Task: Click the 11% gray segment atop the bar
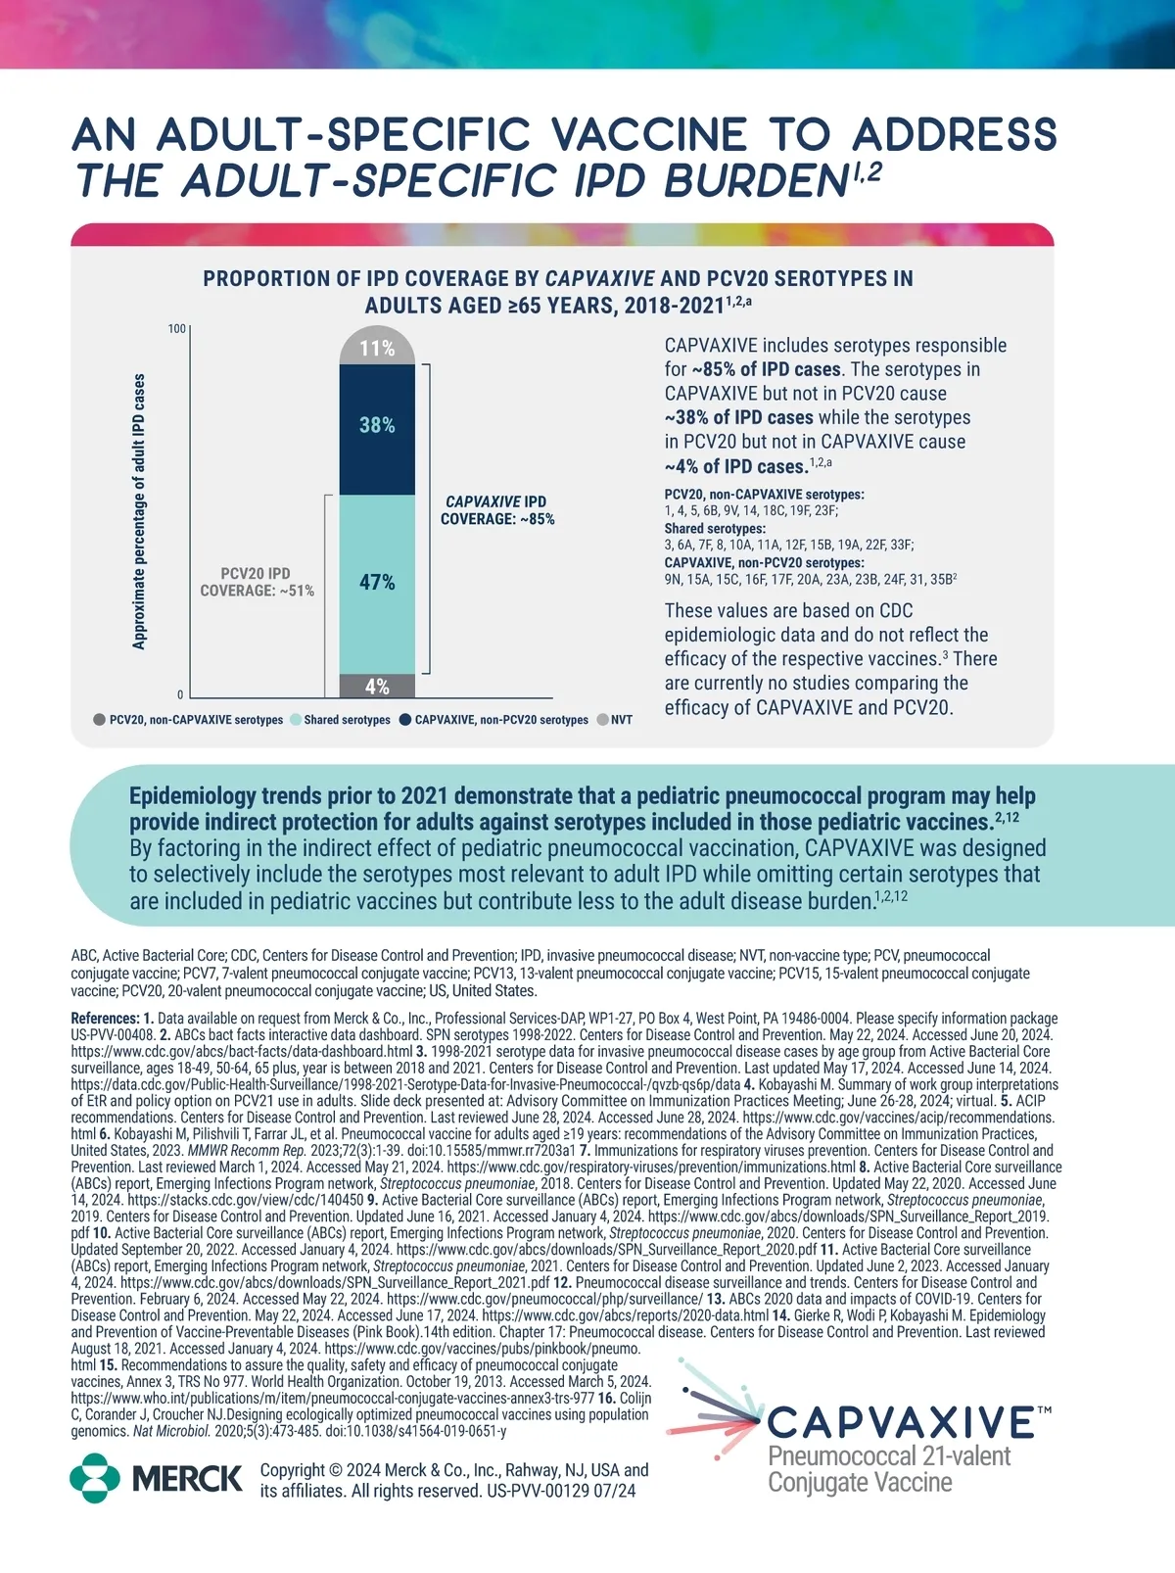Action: (377, 348)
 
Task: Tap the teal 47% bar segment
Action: (377, 583)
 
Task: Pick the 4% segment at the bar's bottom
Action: (377, 687)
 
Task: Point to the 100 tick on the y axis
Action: (176, 329)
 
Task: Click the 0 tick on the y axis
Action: (180, 695)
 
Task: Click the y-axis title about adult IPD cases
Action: (139, 511)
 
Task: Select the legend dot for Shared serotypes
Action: (296, 720)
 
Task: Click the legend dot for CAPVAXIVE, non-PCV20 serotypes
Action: (406, 720)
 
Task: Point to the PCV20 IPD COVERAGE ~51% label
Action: (257, 582)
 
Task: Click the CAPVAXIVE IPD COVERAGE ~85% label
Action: (497, 510)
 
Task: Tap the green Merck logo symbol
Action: (95, 1478)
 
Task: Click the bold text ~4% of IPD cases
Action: (735, 466)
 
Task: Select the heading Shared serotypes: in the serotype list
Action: (715, 529)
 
